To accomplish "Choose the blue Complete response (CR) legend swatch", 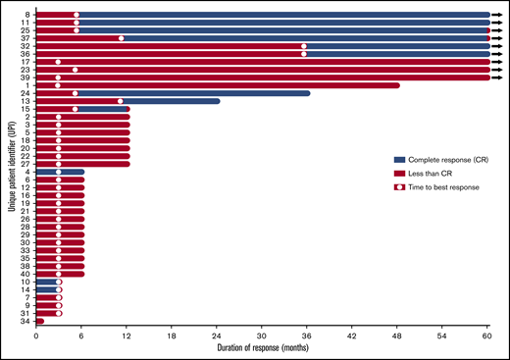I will point(399,159).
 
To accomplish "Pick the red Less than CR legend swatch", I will point(399,172).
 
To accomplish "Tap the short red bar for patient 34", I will point(39,321).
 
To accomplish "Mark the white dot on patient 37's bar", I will point(121,38).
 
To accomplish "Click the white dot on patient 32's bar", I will point(303,46).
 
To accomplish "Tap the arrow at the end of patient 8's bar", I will point(497,15).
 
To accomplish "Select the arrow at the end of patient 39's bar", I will point(497,77).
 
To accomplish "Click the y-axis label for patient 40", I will point(25,274).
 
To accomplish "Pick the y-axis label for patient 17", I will point(25,62).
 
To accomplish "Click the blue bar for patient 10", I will point(46,282).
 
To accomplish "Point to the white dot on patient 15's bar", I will point(76,109).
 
